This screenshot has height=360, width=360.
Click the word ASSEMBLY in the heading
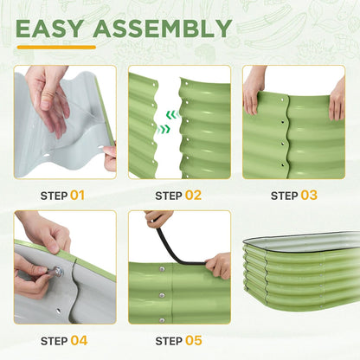click(163, 29)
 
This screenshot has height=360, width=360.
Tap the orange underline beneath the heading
click(56, 48)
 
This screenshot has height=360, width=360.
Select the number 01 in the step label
click(77, 196)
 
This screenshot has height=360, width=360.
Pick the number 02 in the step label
click(193, 196)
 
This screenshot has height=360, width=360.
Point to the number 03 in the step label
click(309, 196)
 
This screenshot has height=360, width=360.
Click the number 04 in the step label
click(79, 341)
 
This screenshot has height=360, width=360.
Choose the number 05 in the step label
click(194, 341)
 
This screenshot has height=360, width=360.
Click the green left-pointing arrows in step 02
click(172, 115)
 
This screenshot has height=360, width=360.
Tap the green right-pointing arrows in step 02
click(164, 129)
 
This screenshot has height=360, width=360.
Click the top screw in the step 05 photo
click(162, 269)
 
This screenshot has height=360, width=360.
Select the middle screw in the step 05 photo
click(162, 295)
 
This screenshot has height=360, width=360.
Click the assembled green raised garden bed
click(301, 271)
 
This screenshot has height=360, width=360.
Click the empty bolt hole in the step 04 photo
click(59, 312)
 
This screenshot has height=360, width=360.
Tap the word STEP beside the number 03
click(285, 196)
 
